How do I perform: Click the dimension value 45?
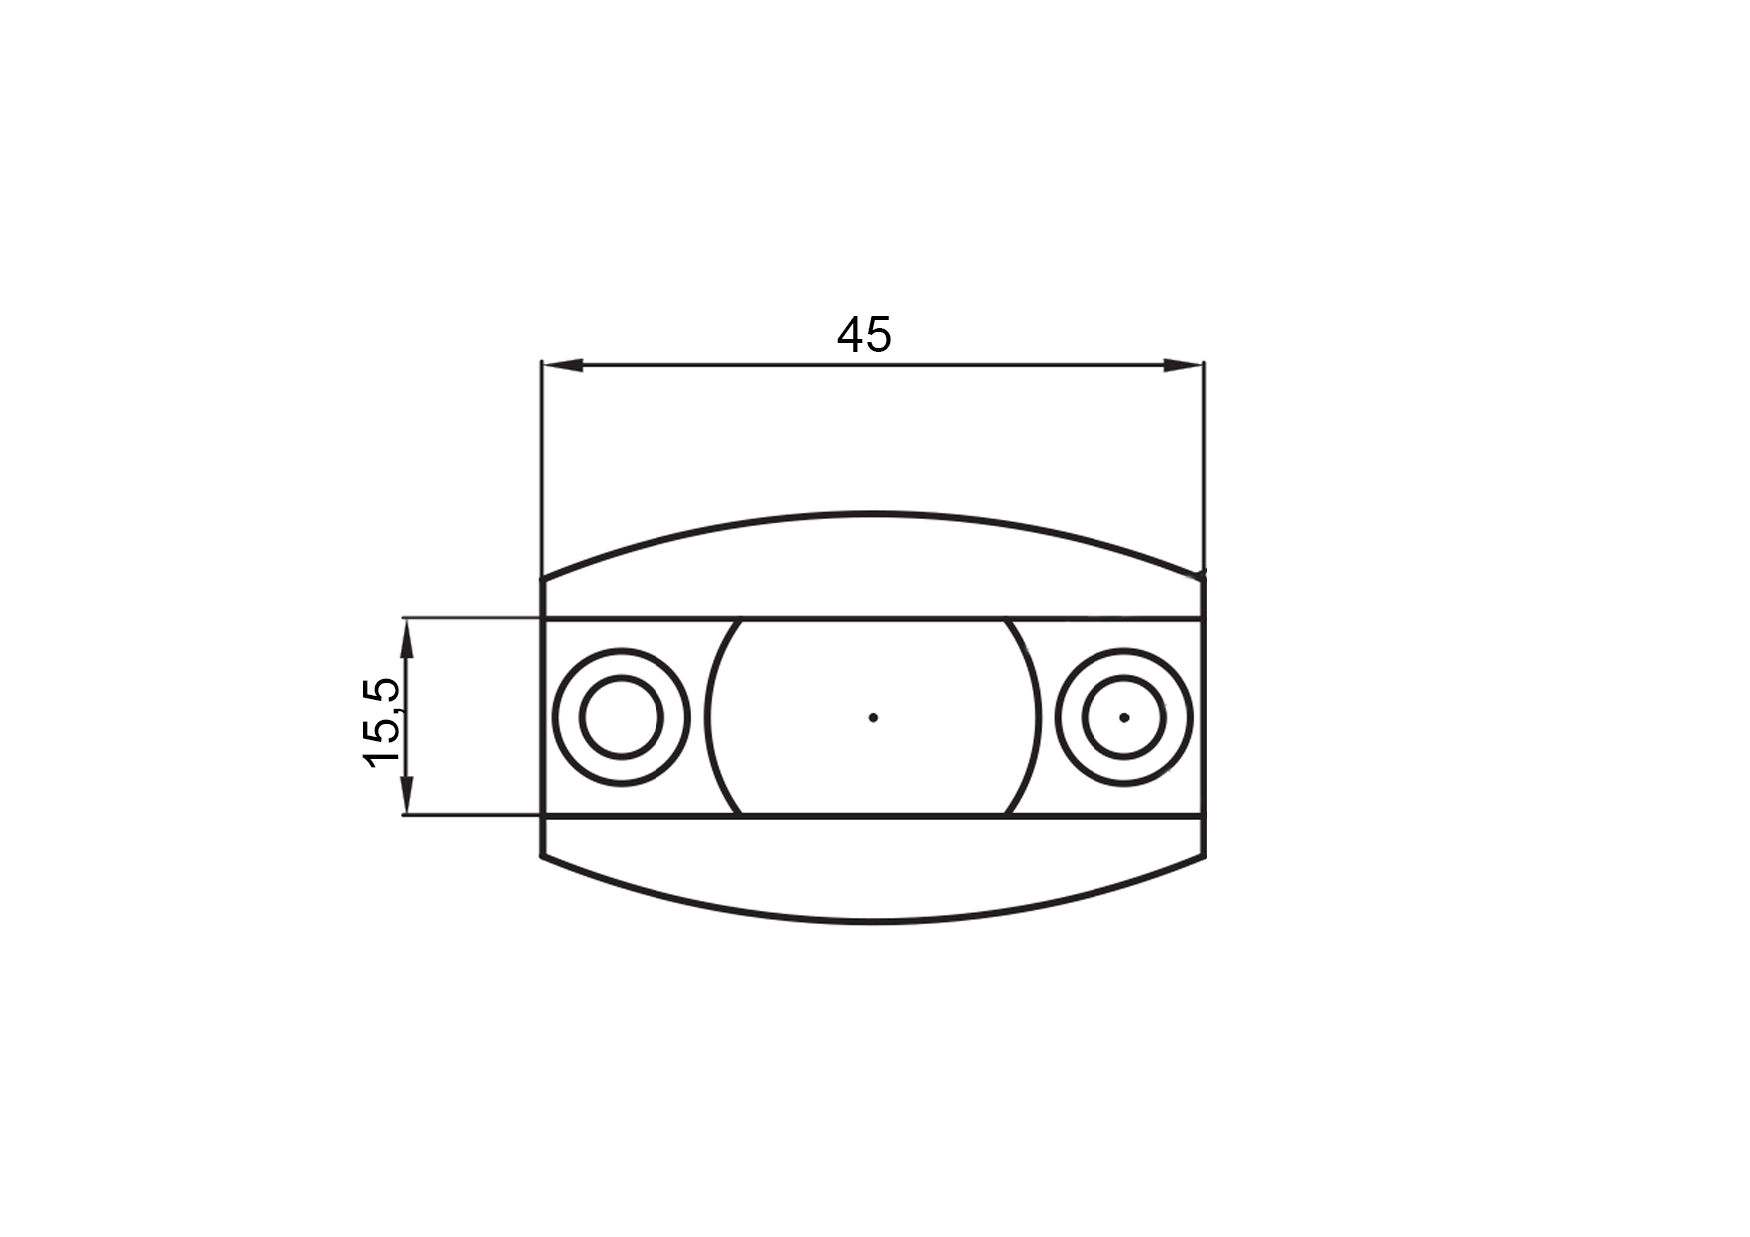(864, 335)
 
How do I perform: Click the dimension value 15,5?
(385, 722)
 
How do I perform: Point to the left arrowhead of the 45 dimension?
(561, 366)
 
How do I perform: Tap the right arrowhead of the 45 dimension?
(1183, 366)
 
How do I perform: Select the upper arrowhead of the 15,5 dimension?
(406, 638)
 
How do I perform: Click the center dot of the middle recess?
(873, 717)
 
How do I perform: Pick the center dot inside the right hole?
(1124, 717)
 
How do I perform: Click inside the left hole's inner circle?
(621, 717)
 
